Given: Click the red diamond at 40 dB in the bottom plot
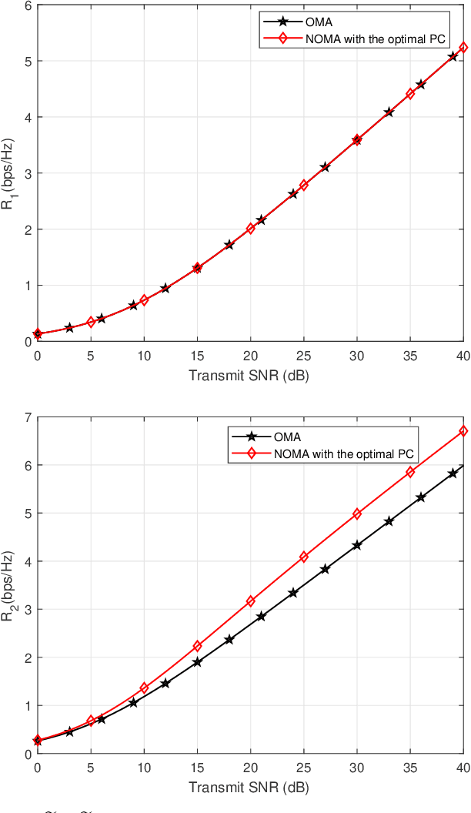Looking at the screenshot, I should pyautogui.click(x=463, y=431).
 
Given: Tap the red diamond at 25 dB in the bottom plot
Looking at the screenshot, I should pyautogui.click(x=304, y=557).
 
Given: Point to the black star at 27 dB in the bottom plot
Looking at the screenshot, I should pyautogui.click(x=325, y=569).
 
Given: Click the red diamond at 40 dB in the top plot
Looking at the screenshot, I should pyautogui.click(x=463, y=48).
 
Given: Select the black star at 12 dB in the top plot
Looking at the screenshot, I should pyautogui.click(x=165, y=289).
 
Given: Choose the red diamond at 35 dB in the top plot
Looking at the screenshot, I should pyautogui.click(x=410, y=94).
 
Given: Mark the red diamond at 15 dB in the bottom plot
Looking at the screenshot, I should pyautogui.click(x=197, y=646).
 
